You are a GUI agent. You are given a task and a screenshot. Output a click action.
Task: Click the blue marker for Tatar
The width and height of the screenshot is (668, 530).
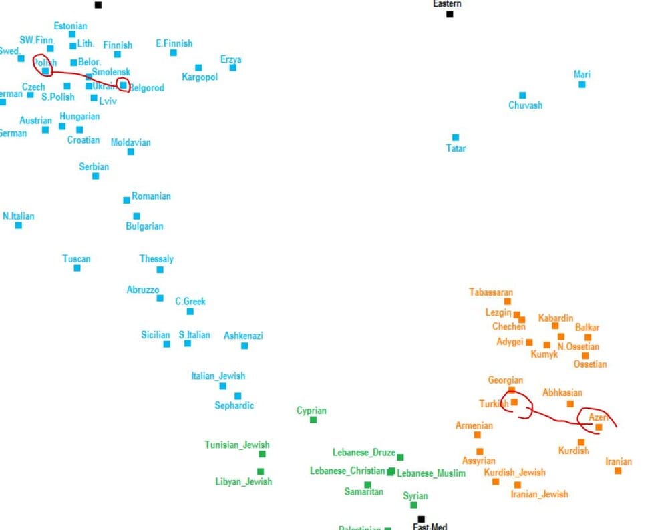coord(456,137)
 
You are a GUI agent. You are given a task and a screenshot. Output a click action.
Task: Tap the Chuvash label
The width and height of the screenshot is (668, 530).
coord(525,105)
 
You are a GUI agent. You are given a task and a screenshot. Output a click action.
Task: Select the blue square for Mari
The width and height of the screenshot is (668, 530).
coord(582,84)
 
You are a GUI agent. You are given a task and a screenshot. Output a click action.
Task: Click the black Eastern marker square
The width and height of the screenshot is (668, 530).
coord(450,14)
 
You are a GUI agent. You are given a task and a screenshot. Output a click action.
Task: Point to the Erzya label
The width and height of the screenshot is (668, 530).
coord(230,59)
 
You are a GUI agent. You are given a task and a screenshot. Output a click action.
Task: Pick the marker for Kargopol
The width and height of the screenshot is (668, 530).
coord(198,67)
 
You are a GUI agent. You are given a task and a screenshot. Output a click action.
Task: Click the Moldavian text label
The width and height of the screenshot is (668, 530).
coord(130,142)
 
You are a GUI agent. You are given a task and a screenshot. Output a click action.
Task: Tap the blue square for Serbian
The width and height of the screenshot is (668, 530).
coord(96,176)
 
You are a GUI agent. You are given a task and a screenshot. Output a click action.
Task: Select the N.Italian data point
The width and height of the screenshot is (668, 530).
coord(19,225)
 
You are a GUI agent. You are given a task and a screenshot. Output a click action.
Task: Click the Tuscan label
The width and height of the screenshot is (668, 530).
coord(76,258)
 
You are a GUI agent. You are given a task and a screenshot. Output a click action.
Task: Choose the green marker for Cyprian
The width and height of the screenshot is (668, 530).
coord(313,419)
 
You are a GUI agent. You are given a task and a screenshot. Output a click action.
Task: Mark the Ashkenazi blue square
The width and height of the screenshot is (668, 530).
coord(244,345)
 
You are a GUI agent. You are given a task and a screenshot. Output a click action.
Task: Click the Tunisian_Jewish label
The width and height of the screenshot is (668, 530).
coord(237,445)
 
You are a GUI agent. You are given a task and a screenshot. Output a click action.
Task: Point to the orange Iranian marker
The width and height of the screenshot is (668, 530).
coord(618,471)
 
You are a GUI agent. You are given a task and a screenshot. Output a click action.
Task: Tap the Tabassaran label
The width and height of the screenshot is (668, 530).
coord(491,292)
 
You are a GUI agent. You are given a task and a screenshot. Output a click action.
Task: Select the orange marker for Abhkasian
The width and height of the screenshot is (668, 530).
coord(570,403)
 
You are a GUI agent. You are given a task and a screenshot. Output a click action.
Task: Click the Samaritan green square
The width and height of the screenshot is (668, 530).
coord(367,485)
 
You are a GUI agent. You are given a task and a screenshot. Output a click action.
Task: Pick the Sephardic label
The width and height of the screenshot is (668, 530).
coord(234,405)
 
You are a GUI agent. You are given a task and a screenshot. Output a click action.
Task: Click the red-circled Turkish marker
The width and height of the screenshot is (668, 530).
coord(514,402)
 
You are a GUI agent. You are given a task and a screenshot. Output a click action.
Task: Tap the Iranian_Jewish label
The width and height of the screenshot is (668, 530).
coord(539,494)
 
